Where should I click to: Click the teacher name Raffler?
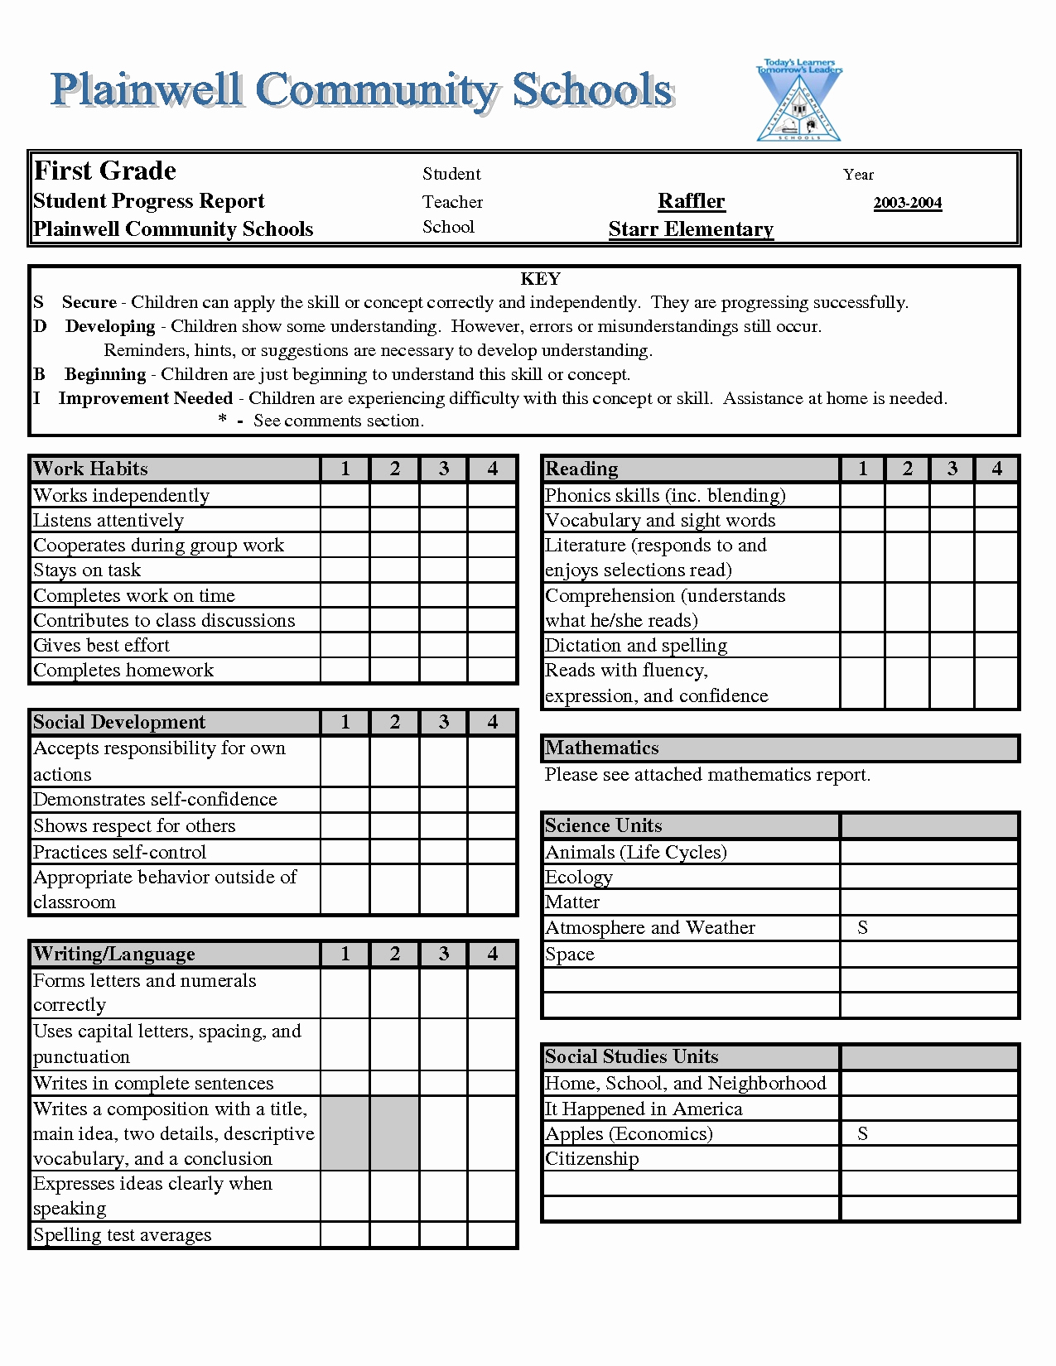691,201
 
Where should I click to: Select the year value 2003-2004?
907,203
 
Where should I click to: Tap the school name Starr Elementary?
691,229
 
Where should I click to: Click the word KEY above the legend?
540,279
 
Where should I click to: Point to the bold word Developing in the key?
110,326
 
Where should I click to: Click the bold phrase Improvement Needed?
145,398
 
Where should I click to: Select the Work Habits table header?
90,469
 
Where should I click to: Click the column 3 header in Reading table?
952,469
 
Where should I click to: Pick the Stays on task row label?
87,570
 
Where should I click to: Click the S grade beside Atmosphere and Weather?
862,928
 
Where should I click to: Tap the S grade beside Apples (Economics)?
862,1134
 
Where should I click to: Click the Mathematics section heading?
602,748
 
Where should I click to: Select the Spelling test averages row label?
123,1235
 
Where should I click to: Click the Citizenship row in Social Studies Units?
592,1159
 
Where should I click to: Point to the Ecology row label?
579,878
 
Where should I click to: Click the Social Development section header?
119,722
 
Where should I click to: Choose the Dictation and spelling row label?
636,646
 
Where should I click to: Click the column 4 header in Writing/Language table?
492,954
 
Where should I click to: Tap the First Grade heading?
104,171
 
